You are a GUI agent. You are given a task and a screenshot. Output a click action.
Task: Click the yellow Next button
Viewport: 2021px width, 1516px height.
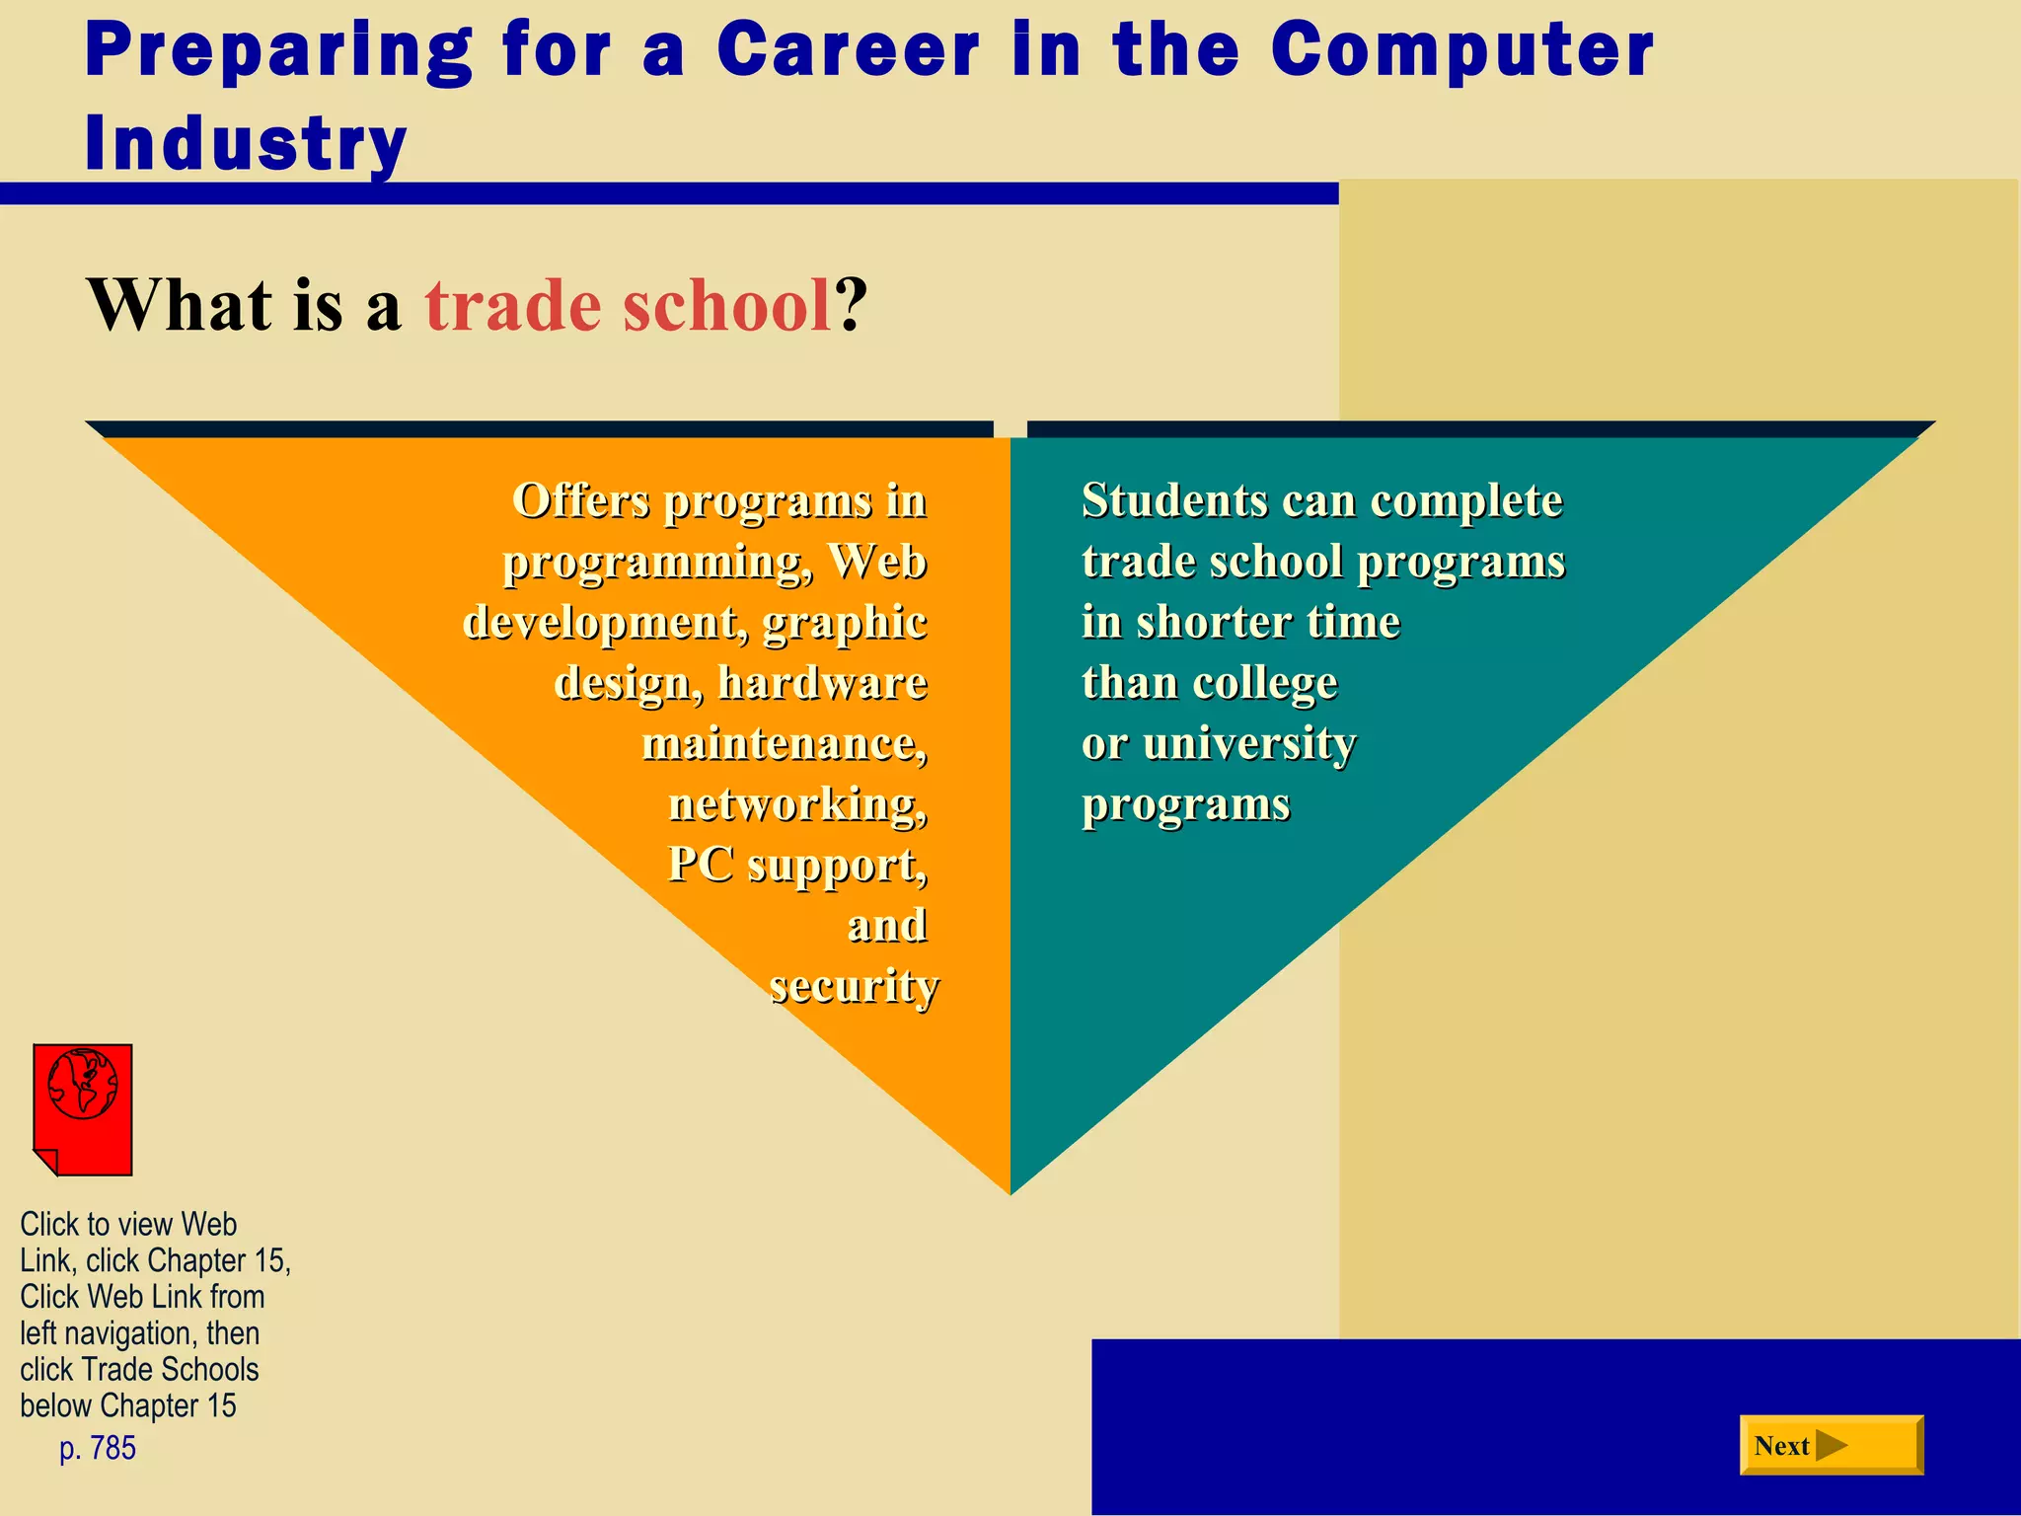coord(1831,1445)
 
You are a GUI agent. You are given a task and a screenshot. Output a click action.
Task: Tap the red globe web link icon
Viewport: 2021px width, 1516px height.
coord(83,1107)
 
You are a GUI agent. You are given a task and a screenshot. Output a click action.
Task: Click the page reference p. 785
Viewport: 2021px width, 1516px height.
coord(98,1448)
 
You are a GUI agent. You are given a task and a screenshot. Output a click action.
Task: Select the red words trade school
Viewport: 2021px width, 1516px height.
coord(629,305)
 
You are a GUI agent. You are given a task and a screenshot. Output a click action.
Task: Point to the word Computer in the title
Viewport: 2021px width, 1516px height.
coord(1461,50)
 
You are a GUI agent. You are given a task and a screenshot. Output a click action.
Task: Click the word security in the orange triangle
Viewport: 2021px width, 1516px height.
coord(854,986)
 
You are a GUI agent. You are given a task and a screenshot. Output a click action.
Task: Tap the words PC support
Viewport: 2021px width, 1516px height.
coord(797,865)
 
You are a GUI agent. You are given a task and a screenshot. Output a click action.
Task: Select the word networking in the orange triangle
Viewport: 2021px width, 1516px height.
coord(797,803)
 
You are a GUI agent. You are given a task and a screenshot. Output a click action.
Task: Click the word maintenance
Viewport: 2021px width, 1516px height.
coord(785,743)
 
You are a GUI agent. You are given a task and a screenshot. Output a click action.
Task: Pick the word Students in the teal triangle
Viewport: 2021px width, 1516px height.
coord(1173,499)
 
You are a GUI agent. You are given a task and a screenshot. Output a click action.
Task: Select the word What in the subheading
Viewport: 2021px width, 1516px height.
coord(180,305)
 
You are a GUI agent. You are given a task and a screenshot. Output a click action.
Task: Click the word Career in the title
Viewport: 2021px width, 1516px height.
coord(848,50)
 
